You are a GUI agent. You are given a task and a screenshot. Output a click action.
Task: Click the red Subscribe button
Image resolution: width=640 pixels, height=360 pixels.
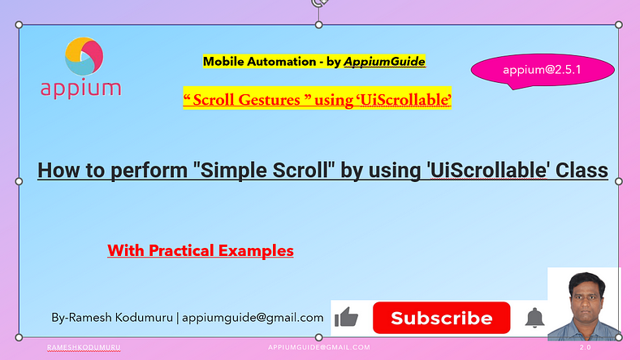(x=441, y=318)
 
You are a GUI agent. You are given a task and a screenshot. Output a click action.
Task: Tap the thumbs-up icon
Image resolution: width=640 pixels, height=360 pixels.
(x=346, y=317)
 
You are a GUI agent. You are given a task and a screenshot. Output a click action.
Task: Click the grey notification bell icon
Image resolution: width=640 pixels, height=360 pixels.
(x=534, y=318)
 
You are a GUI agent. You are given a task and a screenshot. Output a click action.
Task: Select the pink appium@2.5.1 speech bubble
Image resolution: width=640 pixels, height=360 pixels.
(x=543, y=71)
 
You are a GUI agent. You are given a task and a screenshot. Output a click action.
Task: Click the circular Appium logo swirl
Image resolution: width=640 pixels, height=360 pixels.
(x=84, y=56)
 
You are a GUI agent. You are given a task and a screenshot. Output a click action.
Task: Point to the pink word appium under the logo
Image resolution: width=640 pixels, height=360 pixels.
(x=81, y=89)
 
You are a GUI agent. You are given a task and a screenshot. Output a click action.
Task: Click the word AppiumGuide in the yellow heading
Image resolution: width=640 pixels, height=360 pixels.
(x=384, y=62)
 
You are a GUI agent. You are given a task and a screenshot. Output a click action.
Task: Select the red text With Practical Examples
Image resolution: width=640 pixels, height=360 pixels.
(x=201, y=250)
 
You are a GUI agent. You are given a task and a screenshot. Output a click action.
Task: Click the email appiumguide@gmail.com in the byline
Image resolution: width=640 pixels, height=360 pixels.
(x=253, y=318)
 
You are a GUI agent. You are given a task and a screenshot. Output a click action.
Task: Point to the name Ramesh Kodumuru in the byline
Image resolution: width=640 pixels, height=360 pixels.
(x=121, y=318)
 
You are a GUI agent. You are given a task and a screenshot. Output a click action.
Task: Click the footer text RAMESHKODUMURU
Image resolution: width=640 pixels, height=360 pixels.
(x=84, y=347)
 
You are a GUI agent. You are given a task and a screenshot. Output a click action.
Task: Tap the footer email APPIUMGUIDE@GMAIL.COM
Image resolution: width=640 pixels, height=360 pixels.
(x=319, y=347)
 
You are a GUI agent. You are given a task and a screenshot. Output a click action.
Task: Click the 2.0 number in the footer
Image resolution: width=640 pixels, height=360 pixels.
(x=586, y=347)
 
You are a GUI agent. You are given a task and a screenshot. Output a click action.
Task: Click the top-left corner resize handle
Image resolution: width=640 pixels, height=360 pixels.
(x=19, y=25)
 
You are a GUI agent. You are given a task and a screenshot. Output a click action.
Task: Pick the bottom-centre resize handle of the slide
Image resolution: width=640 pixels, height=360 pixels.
(x=318, y=337)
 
